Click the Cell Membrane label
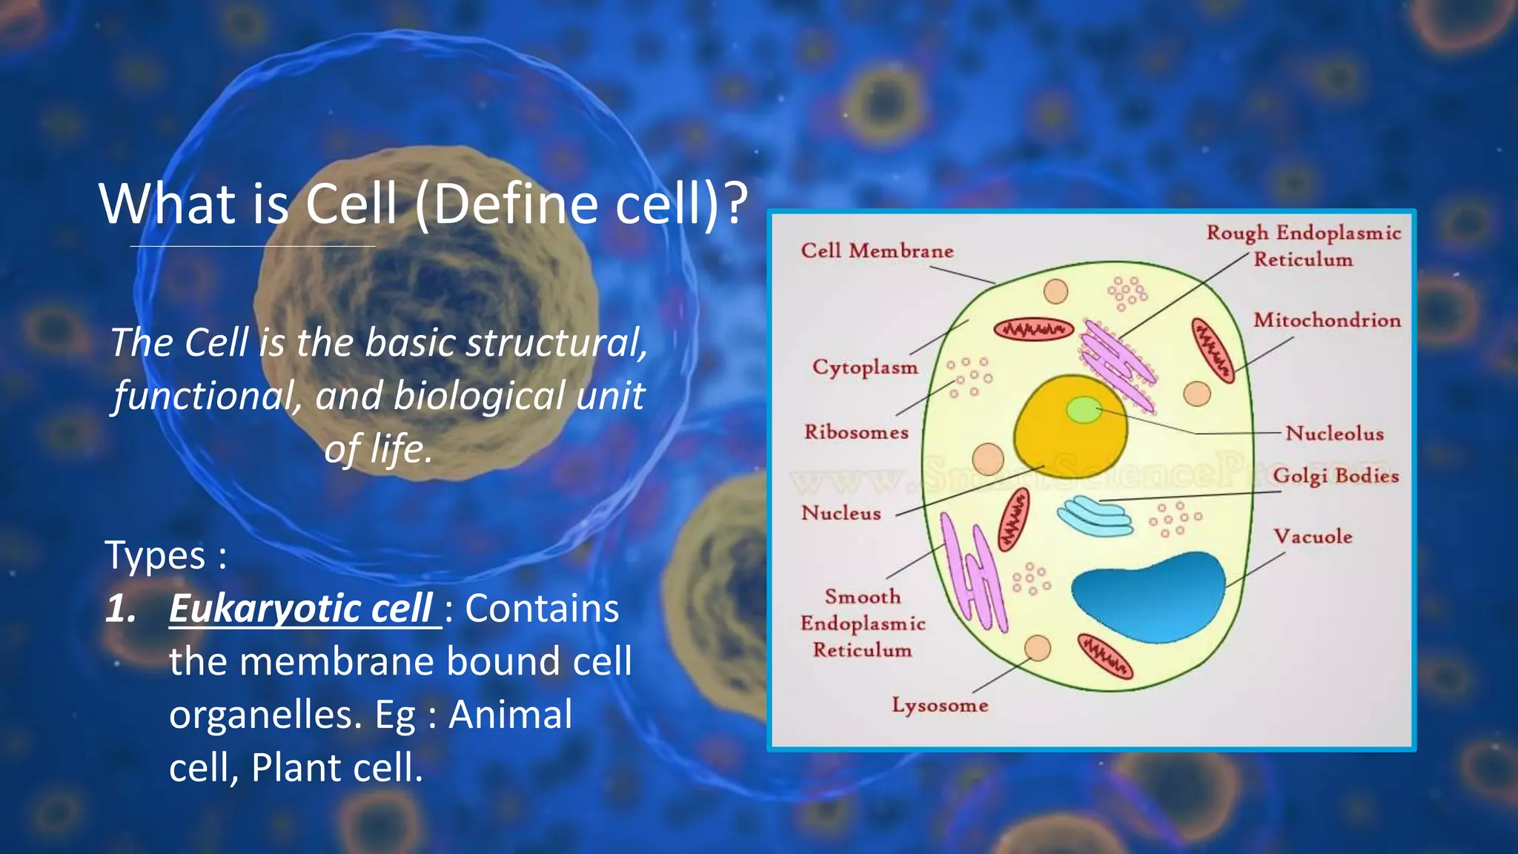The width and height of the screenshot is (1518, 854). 877,251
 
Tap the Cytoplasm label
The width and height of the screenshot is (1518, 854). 865,367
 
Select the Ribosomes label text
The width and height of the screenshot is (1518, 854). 856,431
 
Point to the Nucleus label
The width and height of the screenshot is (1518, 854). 841,512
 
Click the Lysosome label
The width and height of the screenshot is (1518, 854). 940,705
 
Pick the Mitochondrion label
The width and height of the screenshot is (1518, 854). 1327,320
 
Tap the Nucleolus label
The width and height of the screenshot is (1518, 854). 1334,433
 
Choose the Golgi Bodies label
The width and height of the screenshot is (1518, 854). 1336,475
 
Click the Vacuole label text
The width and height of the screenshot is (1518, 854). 1313,536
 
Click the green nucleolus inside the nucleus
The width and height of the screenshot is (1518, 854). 1084,409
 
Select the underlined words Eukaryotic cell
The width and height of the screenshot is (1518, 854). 301,609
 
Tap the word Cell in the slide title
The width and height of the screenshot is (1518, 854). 351,204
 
